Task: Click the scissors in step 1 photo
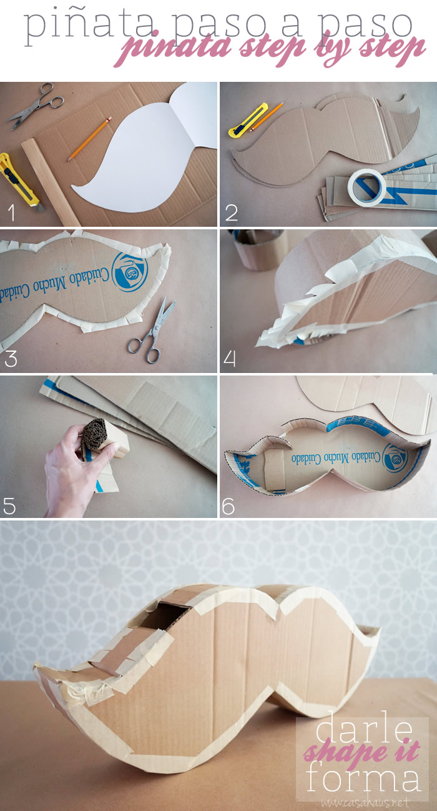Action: pos(36,105)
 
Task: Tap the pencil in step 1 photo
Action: pos(89,139)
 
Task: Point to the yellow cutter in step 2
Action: pos(248,119)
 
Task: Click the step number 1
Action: pos(12,212)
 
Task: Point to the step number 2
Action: pos(232,212)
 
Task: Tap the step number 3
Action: pos(11,359)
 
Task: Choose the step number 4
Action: pos(230,359)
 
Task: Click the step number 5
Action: pos(10,506)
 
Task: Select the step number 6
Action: pos(228,506)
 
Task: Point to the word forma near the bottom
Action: pos(363,775)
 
